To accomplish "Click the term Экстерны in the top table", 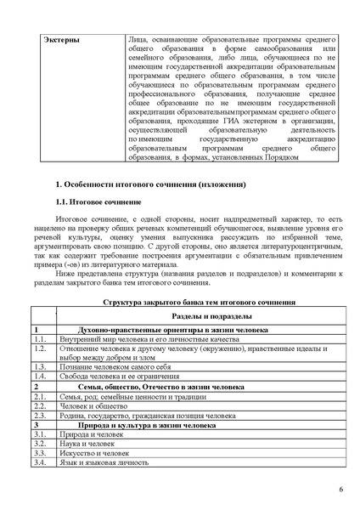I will click(x=53, y=39).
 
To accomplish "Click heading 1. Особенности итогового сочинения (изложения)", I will click(x=150, y=184).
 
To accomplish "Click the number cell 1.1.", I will click(x=40, y=339).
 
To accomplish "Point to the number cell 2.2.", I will click(x=40, y=406).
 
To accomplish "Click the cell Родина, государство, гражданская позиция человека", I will click(x=148, y=416).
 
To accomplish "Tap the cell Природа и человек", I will click(x=92, y=434).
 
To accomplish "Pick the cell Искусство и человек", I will click(x=95, y=453).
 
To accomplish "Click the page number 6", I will click(x=340, y=490).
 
